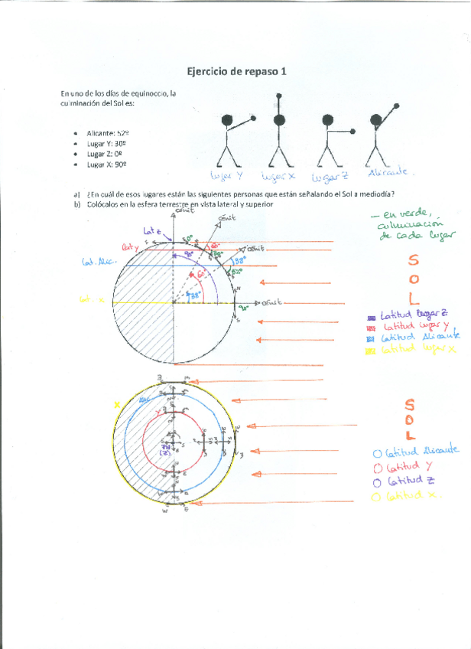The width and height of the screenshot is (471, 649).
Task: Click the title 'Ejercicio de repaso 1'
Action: tap(237, 71)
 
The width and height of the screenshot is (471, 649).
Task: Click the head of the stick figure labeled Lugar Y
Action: tap(227, 120)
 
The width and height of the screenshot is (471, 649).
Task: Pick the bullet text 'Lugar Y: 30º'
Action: tap(106, 142)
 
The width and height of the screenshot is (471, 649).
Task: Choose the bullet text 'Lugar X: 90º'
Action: tap(106, 164)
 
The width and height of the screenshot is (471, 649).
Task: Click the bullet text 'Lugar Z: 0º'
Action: tap(104, 153)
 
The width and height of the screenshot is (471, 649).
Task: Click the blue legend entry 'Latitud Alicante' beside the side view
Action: tap(413, 337)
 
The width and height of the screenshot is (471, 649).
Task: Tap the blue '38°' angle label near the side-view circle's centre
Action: tap(195, 295)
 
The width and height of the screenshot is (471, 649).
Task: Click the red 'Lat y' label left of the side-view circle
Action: tap(132, 246)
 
